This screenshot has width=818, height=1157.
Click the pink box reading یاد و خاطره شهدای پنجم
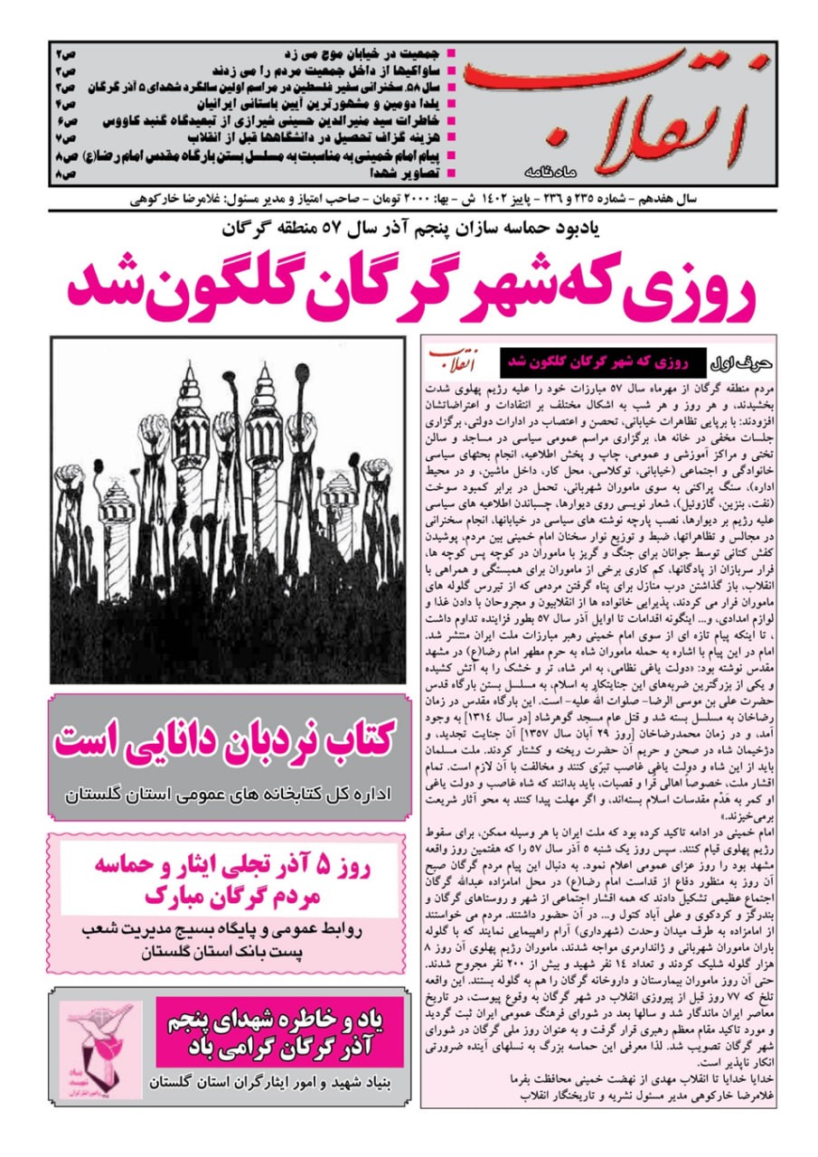click(278, 1031)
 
